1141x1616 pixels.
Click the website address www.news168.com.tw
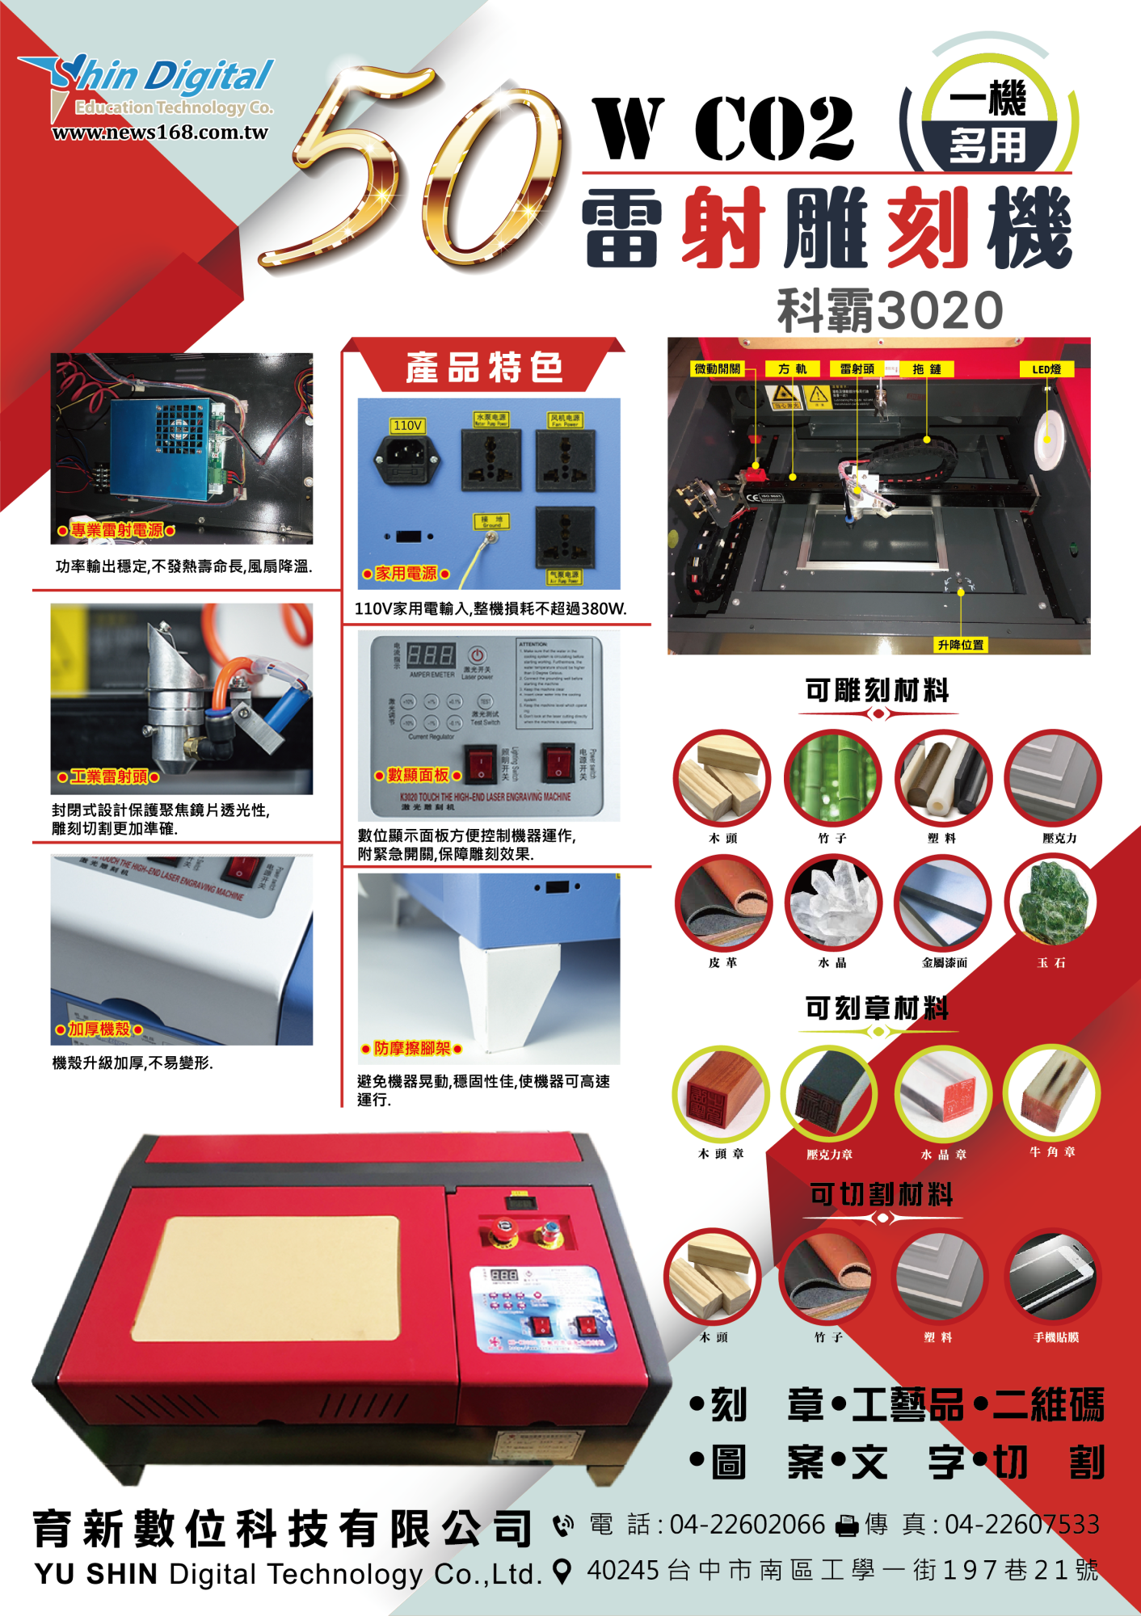pyautogui.click(x=159, y=133)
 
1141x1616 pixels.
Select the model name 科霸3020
pyautogui.click(x=890, y=310)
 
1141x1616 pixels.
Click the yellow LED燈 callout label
pyautogui.click(x=1046, y=369)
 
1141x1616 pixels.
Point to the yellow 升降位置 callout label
pyautogui.click(x=961, y=645)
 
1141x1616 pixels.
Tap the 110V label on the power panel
pyautogui.click(x=407, y=425)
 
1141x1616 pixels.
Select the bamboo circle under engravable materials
pyautogui.click(x=832, y=778)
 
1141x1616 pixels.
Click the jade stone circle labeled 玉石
pyautogui.click(x=1052, y=903)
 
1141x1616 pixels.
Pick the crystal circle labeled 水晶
pyautogui.click(x=832, y=903)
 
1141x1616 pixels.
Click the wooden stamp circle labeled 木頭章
pyautogui.click(x=721, y=1094)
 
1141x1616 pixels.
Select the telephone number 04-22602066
pyautogui.click(x=747, y=1525)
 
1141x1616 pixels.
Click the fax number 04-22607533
pyautogui.click(x=1022, y=1525)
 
